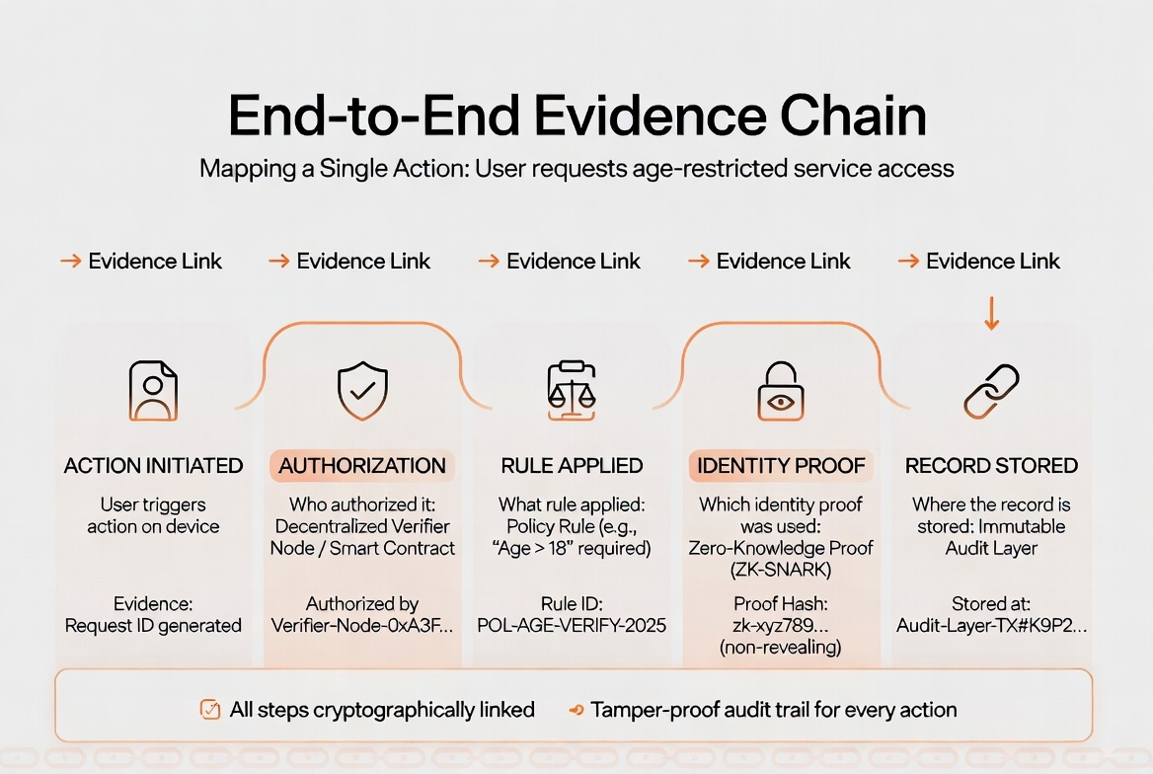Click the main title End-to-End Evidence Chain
pyautogui.click(x=577, y=116)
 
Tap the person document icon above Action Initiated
pyautogui.click(x=153, y=391)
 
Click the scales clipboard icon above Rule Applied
pyautogui.click(x=573, y=391)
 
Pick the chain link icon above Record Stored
pyautogui.click(x=991, y=391)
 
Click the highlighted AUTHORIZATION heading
pyautogui.click(x=362, y=466)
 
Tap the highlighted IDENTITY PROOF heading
pyautogui.click(x=781, y=466)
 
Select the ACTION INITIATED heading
pyautogui.click(x=153, y=466)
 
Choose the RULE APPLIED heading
pyautogui.click(x=572, y=466)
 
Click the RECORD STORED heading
pyautogui.click(x=991, y=466)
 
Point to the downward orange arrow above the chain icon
pyautogui.click(x=992, y=316)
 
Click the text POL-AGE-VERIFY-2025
pyautogui.click(x=572, y=625)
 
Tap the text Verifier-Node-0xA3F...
pyautogui.click(x=362, y=625)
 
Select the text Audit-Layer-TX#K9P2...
pyautogui.click(x=991, y=625)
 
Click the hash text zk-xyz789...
pyautogui.click(x=781, y=625)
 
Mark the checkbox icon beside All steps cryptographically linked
pyautogui.click(x=209, y=710)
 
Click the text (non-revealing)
pyautogui.click(x=781, y=647)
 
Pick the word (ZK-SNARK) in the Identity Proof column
pyautogui.click(x=781, y=569)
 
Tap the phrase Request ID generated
pyautogui.click(x=153, y=625)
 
